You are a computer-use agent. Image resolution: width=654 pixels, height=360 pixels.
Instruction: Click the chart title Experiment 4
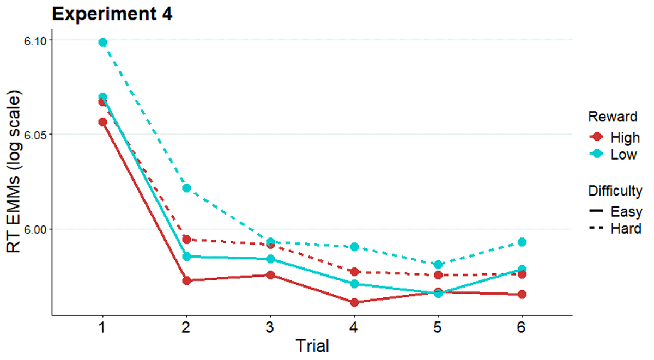click(112, 14)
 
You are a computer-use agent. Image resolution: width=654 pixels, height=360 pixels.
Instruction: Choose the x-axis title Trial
click(312, 345)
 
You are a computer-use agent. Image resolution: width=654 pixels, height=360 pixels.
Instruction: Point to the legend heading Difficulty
click(615, 191)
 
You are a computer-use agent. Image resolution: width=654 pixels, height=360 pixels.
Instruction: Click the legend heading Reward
click(613, 117)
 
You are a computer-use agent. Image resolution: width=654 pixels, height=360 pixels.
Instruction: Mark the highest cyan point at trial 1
click(102, 42)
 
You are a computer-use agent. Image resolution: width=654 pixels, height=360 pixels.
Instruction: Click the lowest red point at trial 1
click(102, 122)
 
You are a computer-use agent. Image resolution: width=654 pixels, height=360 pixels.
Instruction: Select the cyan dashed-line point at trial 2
click(186, 188)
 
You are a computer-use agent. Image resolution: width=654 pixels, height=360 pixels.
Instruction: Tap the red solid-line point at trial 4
click(354, 302)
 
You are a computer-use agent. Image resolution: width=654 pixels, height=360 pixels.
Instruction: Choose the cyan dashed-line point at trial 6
click(522, 242)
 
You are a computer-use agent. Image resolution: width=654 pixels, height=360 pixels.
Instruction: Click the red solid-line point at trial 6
click(522, 295)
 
